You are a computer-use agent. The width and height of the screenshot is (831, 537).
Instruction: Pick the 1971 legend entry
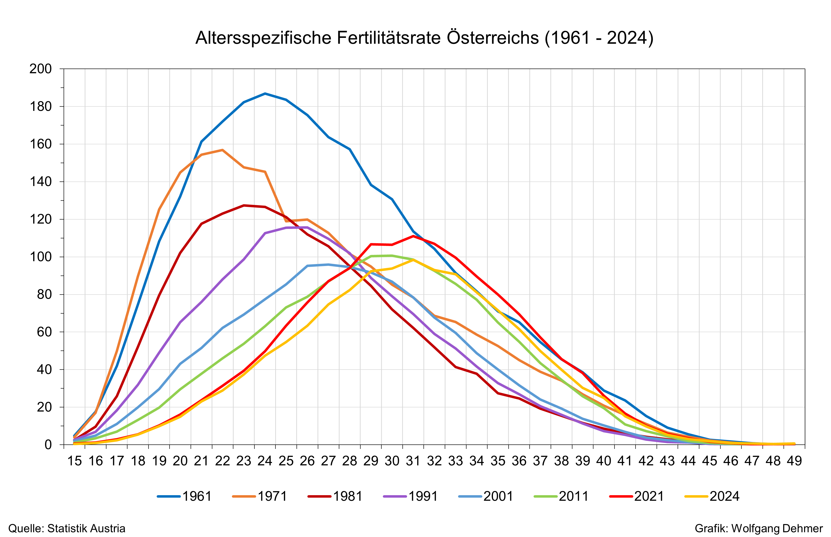click(260, 496)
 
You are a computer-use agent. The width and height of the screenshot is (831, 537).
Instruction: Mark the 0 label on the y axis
click(48, 445)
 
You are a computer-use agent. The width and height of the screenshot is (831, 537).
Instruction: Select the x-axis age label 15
click(74, 461)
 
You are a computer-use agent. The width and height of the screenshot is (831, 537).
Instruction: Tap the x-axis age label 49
click(794, 461)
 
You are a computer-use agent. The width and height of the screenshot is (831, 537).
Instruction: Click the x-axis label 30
click(392, 461)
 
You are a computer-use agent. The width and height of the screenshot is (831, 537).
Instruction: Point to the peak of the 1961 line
click(265, 94)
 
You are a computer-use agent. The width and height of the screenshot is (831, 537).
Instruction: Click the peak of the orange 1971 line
click(222, 150)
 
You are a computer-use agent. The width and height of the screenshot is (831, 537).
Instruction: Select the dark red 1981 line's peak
click(244, 205)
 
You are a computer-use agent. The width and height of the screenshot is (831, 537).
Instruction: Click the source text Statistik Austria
click(86, 529)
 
